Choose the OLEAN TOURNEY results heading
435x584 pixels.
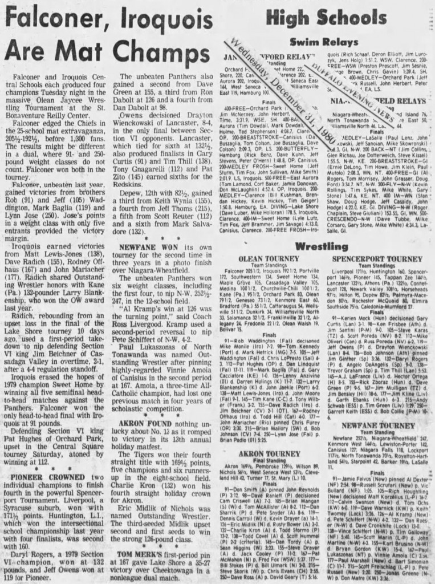(268, 258)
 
